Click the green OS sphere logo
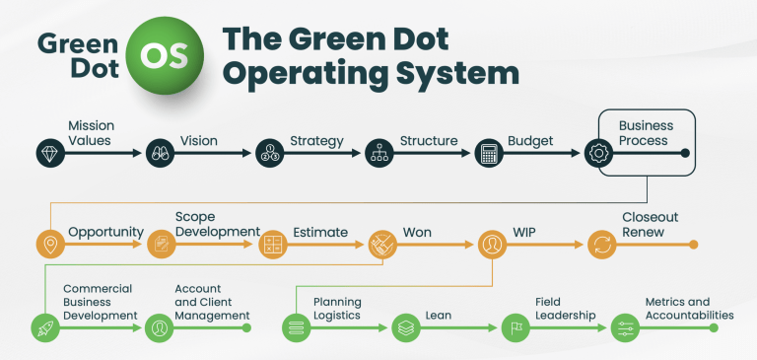tap(163, 56)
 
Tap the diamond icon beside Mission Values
tap(50, 153)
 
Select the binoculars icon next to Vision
tap(160, 153)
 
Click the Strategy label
tap(316, 141)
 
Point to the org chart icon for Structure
tap(378, 153)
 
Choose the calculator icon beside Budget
tap(487, 153)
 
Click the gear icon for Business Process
tap(598, 153)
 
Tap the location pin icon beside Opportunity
tap(49, 245)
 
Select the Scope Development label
tap(217, 224)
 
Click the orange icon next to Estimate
tap(271, 245)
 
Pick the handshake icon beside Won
tap(382, 245)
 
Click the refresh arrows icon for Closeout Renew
tap(601, 245)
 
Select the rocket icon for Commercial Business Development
tap(45, 327)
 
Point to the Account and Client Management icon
tap(158, 327)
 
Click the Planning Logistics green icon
tap(295, 327)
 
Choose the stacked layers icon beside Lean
tap(405, 327)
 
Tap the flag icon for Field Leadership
tap(515, 327)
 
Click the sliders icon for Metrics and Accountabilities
tap(625, 327)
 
